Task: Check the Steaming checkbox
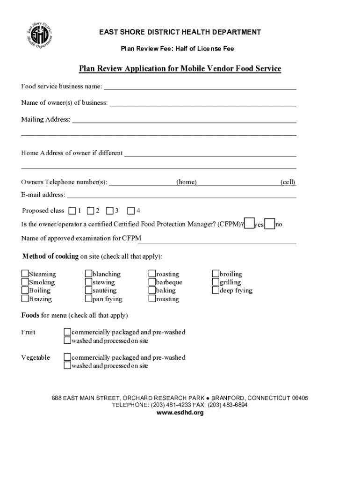click(25, 274)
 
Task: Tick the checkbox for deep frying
click(216, 290)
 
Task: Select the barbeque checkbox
click(152, 282)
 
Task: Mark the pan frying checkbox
click(88, 298)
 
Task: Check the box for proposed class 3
click(109, 210)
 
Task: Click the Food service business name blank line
click(200, 86)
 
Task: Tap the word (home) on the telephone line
click(186, 182)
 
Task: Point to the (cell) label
click(288, 182)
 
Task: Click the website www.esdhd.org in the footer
click(180, 413)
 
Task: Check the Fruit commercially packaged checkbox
click(67, 332)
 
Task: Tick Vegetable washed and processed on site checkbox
click(67, 365)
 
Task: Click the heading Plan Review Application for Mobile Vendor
click(180, 69)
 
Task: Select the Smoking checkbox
click(25, 282)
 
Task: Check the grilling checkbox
click(216, 282)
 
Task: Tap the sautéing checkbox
click(88, 290)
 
